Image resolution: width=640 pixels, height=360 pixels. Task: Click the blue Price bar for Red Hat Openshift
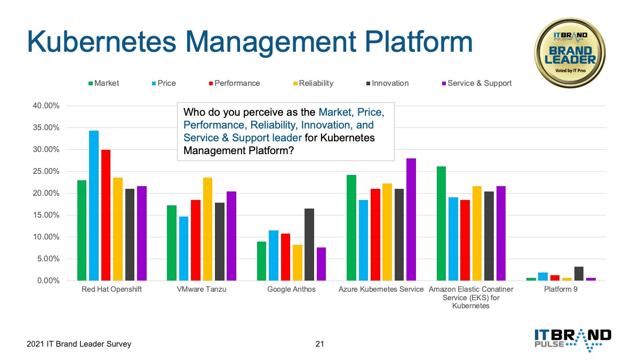(94, 205)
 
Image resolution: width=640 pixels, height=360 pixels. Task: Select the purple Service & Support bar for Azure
(411, 219)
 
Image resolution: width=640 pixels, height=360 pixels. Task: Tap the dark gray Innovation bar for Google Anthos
(309, 245)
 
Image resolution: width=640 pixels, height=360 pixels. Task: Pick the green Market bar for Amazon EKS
(441, 223)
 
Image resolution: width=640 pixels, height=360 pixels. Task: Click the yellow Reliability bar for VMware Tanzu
(207, 229)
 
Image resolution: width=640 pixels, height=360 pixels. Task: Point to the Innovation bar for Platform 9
(579, 274)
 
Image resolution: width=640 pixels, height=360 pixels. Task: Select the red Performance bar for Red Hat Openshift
(106, 215)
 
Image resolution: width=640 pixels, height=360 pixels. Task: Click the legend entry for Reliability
(313, 83)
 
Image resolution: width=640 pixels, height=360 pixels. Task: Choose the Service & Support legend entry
(477, 83)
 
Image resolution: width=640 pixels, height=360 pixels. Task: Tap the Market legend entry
(103, 83)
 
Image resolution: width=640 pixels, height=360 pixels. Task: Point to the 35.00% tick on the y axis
(46, 127)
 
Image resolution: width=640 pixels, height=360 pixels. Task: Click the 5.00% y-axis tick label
(48, 259)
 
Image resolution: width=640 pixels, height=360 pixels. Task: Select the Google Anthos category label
(291, 289)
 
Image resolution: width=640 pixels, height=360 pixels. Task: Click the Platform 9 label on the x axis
(561, 289)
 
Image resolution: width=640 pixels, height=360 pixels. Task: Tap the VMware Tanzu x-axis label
(202, 289)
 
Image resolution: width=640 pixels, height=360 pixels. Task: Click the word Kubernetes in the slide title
(101, 42)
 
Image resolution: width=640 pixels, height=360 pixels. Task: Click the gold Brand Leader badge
(570, 53)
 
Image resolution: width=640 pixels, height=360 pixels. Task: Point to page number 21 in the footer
(319, 343)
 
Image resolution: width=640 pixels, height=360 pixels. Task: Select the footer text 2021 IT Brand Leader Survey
(79, 343)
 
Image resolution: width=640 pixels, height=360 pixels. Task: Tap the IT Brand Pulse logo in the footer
(573, 340)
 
